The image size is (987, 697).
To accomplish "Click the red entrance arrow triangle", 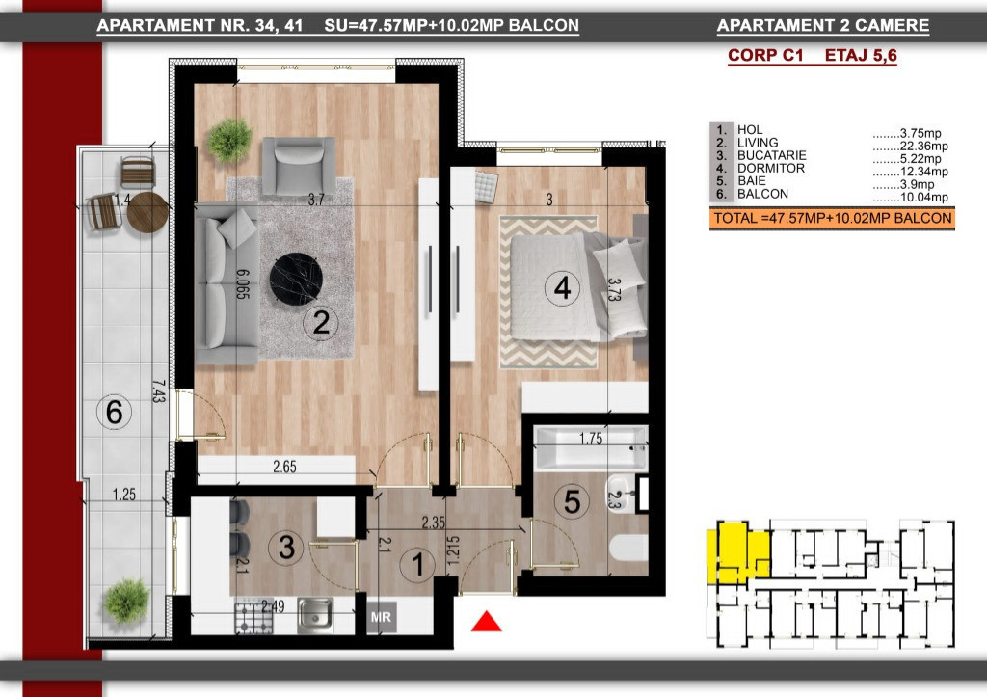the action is (x=487, y=622).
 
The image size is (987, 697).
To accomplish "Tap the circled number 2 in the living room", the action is (x=320, y=322).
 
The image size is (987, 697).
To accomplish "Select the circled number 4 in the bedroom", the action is (x=562, y=288).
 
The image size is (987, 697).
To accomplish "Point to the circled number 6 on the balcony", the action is (x=114, y=413).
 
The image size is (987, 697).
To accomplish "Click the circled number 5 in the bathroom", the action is (x=573, y=502).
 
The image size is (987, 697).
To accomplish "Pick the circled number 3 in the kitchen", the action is (x=286, y=548).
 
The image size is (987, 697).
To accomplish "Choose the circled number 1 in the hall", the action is (x=418, y=564).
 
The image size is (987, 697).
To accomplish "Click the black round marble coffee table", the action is (x=296, y=280).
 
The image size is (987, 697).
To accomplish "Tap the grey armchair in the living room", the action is (x=299, y=165).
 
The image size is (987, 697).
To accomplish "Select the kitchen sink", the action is (x=315, y=615).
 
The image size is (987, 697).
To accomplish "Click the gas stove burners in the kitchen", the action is (x=254, y=618).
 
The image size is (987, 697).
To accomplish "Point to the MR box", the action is (x=381, y=617).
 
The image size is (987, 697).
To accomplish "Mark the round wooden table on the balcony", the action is (x=147, y=212).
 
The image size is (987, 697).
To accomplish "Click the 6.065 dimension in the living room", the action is (x=243, y=284).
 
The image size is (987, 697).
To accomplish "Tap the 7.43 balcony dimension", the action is (x=159, y=391).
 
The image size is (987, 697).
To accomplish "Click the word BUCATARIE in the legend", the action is (x=772, y=155).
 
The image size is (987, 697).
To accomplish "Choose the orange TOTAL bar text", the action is (x=832, y=219).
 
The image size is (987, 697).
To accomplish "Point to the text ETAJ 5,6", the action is (x=861, y=56).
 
